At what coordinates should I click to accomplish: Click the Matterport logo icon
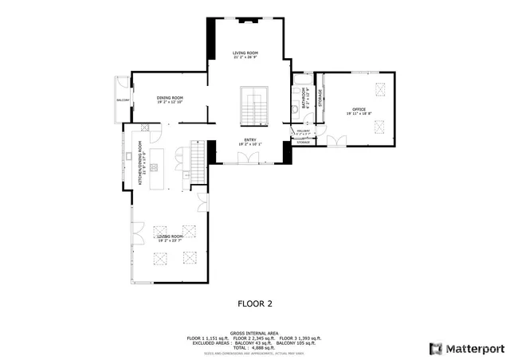434,348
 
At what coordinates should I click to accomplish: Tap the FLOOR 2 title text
255,303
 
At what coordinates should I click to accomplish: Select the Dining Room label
170,98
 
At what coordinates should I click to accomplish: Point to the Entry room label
251,140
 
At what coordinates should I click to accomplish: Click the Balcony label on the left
123,100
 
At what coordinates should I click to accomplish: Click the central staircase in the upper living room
255,107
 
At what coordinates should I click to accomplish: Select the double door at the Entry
251,158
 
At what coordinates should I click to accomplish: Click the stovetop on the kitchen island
155,166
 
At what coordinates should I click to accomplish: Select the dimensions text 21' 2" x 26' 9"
245,57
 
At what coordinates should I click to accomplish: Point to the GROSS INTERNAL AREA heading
254,333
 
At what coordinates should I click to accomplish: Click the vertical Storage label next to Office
320,98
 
